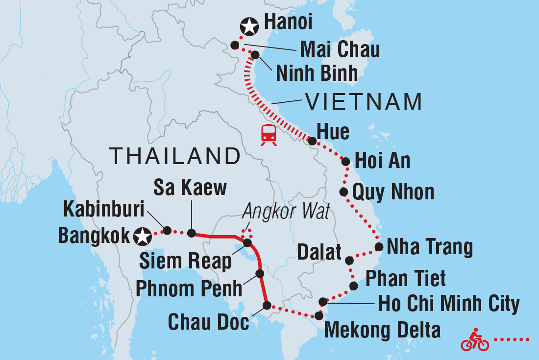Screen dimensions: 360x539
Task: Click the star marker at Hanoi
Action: (x=249, y=26)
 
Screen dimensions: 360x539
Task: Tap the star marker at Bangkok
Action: (x=143, y=237)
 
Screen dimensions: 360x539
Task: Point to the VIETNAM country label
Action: (x=363, y=102)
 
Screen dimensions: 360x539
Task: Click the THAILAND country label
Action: (x=175, y=156)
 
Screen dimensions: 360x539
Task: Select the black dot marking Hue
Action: (x=313, y=141)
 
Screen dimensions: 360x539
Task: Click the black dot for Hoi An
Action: (x=345, y=162)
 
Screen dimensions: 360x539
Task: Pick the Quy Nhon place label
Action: (x=393, y=192)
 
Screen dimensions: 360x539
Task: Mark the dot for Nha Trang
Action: (x=379, y=247)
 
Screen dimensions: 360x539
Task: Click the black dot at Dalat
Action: (x=349, y=260)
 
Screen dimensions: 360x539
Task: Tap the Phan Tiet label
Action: (x=406, y=278)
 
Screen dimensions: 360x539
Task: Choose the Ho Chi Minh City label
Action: (x=448, y=304)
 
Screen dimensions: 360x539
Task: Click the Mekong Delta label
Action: (x=382, y=330)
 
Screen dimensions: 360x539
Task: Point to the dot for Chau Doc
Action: (x=267, y=305)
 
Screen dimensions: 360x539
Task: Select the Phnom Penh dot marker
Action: (x=260, y=274)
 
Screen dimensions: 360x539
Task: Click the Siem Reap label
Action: (x=185, y=262)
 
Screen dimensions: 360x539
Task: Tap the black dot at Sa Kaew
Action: (x=191, y=233)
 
